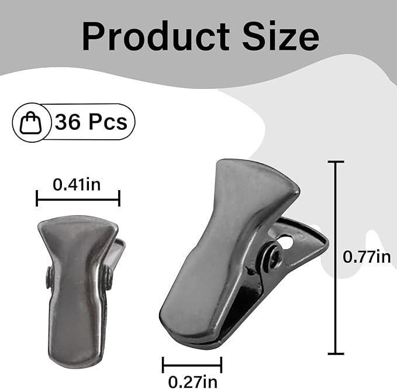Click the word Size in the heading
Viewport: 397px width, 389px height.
281,36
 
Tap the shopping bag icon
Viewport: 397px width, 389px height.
30,122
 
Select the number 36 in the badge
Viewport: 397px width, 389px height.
67,122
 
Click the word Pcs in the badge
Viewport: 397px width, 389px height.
108,122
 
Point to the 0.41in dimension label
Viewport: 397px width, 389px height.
77,184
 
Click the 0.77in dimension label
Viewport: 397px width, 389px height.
367,257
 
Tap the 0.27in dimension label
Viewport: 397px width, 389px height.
193,381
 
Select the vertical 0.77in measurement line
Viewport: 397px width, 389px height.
336,257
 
